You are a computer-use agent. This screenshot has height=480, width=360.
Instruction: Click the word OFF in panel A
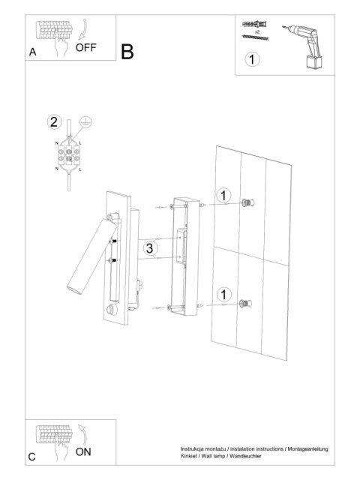coord(85,47)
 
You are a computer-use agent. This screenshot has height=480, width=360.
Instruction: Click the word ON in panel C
coord(83,451)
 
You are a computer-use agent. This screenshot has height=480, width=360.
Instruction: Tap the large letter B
coord(127,52)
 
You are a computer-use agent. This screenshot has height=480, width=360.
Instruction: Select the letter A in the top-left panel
coord(32,52)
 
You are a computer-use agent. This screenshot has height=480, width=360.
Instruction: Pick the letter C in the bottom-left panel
coord(31,457)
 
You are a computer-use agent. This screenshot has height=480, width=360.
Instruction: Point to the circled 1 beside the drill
coord(252,59)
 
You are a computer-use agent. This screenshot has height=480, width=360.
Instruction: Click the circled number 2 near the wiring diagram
coord(54,121)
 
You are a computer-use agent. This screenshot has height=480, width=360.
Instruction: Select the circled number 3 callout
coord(150,248)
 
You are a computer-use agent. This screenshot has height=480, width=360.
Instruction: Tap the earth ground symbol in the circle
coord(85,121)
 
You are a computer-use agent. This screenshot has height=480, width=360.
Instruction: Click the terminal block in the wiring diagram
coord(69,155)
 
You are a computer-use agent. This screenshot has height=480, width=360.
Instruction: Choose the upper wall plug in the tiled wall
coord(247,202)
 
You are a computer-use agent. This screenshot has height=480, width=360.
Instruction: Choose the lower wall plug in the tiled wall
coord(245,303)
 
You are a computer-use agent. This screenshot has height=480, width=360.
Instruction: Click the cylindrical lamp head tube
coord(91,256)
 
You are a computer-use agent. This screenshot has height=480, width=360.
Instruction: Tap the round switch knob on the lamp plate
coord(112,310)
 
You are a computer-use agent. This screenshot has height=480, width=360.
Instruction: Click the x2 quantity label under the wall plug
coord(257,31)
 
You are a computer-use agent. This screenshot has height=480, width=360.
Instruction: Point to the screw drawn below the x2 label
coord(255,37)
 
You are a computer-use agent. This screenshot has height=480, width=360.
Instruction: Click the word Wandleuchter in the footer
coord(245,456)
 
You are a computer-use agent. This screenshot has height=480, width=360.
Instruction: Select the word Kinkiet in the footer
coord(188,456)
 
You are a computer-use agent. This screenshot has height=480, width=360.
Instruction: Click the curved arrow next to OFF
coord(83,30)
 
